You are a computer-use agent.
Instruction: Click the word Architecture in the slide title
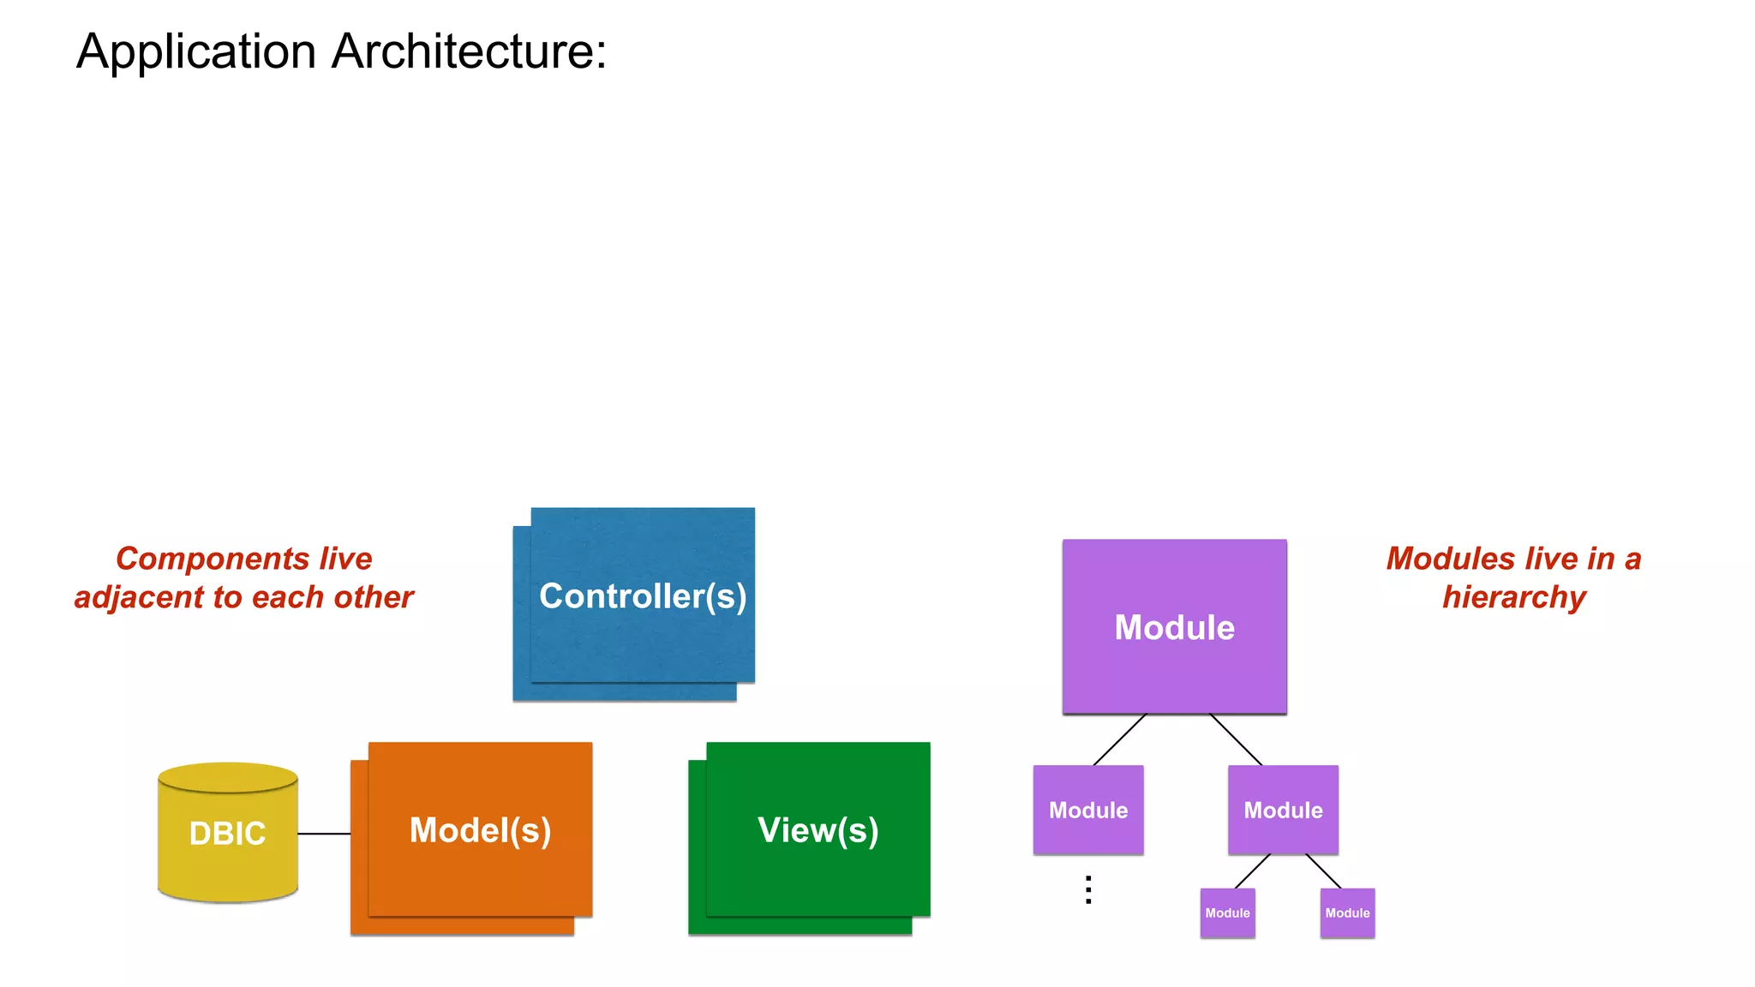(x=469, y=51)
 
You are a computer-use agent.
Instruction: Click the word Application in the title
(x=196, y=51)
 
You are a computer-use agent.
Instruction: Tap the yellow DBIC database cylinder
(x=227, y=834)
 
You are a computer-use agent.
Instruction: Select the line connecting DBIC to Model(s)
(x=324, y=834)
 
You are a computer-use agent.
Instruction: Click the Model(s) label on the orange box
(x=480, y=830)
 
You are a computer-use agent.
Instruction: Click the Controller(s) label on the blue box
(x=643, y=596)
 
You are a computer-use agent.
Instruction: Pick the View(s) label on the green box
(x=818, y=830)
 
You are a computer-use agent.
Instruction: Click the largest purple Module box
(x=1174, y=627)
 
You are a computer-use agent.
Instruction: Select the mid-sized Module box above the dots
(x=1088, y=810)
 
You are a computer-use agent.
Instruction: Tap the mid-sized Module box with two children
(x=1283, y=810)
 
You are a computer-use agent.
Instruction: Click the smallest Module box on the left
(x=1227, y=913)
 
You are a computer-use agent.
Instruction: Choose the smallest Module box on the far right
(x=1347, y=913)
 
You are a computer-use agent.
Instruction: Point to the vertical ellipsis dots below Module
(x=1088, y=890)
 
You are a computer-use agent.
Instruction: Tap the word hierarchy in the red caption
(x=1514, y=597)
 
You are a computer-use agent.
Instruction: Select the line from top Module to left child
(x=1119, y=739)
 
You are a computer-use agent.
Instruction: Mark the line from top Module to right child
(x=1236, y=739)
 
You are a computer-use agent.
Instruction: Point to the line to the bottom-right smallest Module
(x=1324, y=871)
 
